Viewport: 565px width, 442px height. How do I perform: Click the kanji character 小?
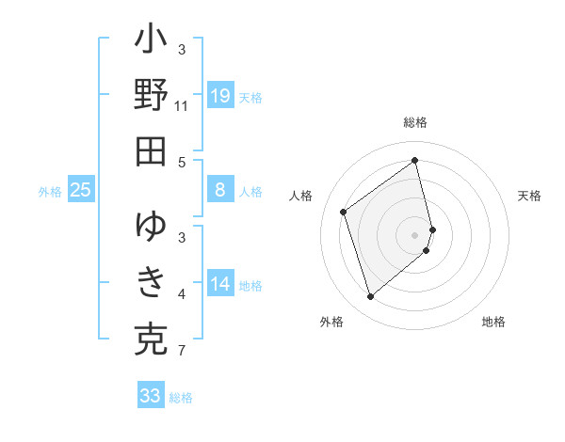[151, 42]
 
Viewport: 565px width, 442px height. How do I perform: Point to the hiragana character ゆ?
[151, 227]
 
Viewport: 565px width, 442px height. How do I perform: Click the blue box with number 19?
[220, 96]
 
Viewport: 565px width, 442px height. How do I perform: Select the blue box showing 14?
[220, 285]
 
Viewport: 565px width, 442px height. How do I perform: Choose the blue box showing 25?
[81, 191]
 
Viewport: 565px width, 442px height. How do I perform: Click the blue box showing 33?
[151, 396]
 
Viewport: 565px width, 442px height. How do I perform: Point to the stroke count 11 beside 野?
[182, 105]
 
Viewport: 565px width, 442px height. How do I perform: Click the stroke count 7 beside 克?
[182, 352]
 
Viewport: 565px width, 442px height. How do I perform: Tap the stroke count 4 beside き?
[182, 294]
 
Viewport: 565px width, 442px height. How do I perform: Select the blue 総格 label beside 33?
[181, 398]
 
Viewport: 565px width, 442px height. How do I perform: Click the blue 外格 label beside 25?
[50, 192]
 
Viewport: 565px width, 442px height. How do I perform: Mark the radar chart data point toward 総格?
[415, 160]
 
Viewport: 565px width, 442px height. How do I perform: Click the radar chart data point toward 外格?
[370, 297]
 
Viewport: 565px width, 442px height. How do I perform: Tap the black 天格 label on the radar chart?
[529, 196]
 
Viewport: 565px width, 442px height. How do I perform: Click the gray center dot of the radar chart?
[415, 234]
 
